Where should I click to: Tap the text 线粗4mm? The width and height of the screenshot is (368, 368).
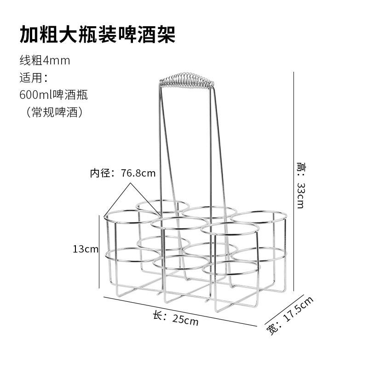(x=45, y=60)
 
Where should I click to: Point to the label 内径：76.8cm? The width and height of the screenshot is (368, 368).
(x=122, y=173)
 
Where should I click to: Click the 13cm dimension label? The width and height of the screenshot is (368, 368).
(x=86, y=249)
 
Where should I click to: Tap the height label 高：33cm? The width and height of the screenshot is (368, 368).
(x=301, y=184)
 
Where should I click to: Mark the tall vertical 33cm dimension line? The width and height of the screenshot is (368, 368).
(x=293, y=184)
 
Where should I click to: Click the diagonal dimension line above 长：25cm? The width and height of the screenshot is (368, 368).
(x=179, y=311)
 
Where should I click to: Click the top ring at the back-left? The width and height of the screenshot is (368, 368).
(x=162, y=206)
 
